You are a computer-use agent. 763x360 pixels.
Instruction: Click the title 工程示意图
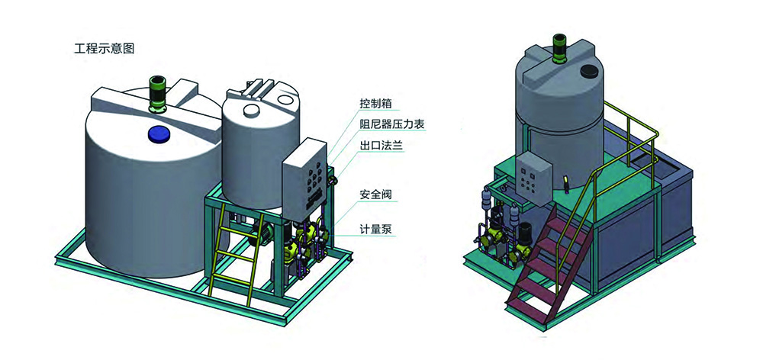(x=104, y=49)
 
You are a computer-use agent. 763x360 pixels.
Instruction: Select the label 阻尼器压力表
(x=391, y=124)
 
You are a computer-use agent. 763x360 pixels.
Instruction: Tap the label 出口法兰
(x=381, y=146)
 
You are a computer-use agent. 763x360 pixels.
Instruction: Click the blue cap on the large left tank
(x=159, y=133)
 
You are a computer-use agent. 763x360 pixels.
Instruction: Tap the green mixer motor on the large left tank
(x=157, y=95)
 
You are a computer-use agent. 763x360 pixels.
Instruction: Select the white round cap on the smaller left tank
(x=252, y=110)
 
